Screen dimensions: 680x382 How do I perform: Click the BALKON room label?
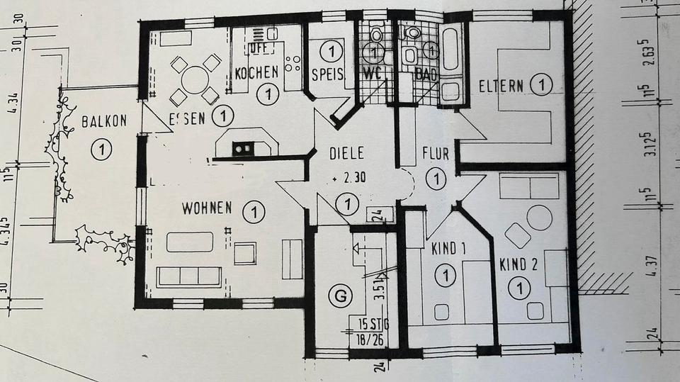(104, 120)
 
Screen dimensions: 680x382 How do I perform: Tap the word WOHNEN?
(207, 208)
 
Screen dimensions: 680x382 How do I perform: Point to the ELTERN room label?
(501, 86)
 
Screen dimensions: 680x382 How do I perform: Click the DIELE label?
(347, 152)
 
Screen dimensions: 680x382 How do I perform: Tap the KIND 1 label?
(448, 249)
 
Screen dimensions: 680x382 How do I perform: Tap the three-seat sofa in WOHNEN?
(188, 276)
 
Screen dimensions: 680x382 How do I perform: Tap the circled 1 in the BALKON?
(103, 149)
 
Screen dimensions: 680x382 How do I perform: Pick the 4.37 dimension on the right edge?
(647, 269)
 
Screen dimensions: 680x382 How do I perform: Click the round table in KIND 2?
(540, 218)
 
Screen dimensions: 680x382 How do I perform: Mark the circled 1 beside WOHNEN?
(253, 210)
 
